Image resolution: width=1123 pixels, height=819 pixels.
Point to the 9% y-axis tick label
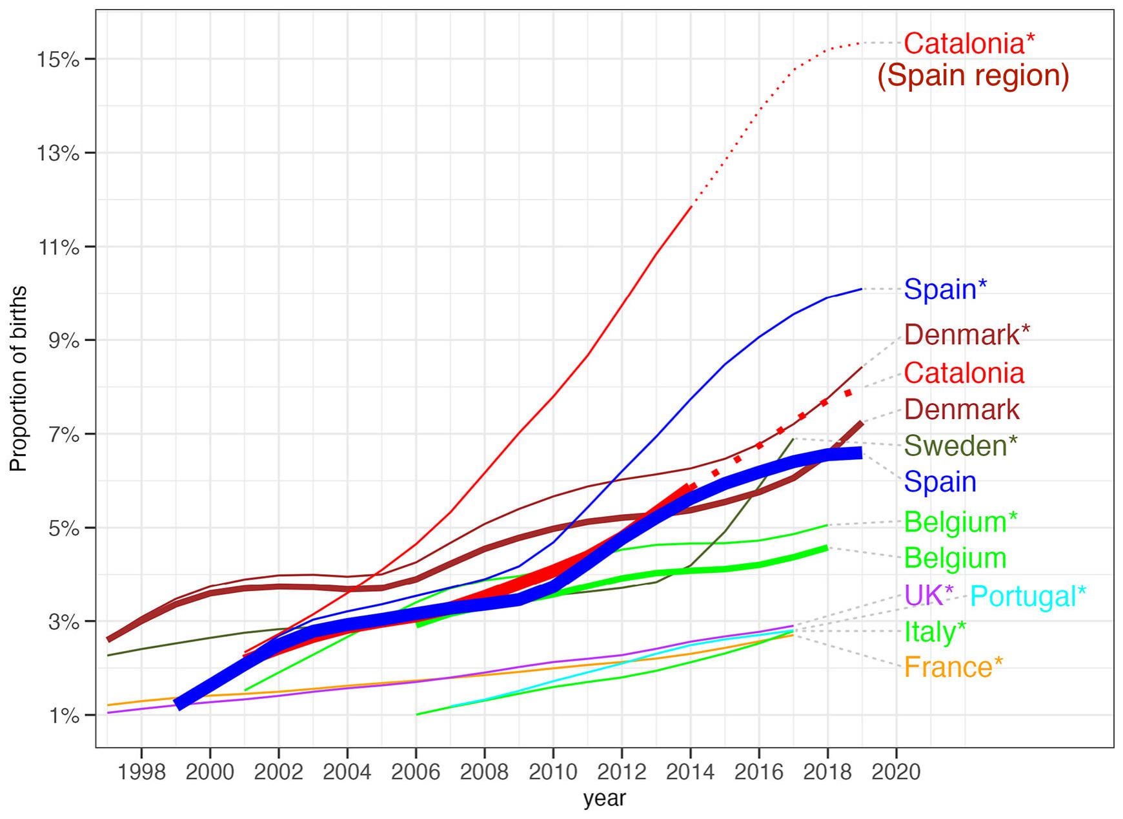[63, 340]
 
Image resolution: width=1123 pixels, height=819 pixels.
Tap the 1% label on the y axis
[63, 716]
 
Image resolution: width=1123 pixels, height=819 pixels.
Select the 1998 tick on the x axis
[141, 772]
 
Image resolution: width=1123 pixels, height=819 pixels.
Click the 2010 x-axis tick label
[553, 772]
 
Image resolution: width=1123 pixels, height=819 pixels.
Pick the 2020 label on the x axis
[896, 772]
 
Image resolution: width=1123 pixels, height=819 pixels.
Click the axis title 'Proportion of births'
[19, 378]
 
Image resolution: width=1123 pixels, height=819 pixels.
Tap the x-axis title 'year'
[604, 799]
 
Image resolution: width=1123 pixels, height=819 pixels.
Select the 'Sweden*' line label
[960, 445]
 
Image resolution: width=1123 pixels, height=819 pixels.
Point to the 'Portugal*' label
[1028, 596]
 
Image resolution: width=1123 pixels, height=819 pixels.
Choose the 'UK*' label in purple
[929, 596]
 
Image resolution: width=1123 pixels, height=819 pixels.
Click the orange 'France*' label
[953, 667]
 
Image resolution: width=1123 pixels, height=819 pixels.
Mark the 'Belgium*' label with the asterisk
[960, 522]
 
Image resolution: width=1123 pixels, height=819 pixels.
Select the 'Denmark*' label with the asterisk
[967, 334]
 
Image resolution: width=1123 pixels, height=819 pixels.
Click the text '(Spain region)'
[973, 76]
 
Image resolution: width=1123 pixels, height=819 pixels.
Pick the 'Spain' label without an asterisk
[940, 482]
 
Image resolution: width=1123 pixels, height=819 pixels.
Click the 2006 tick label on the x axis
[416, 772]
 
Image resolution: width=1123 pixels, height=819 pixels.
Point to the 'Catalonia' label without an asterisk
[964, 373]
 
